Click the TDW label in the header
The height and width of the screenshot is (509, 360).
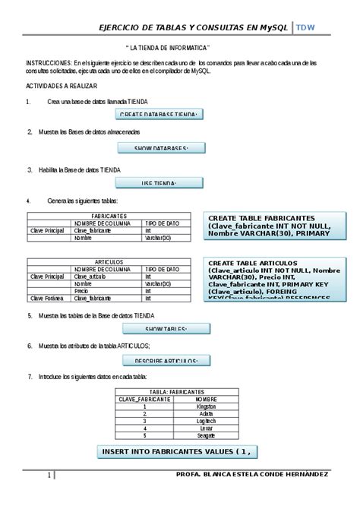click(x=305, y=27)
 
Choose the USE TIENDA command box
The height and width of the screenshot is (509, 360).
click(x=159, y=184)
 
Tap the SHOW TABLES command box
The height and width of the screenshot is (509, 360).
click(x=166, y=329)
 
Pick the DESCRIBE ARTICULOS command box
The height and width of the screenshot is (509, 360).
click(x=166, y=361)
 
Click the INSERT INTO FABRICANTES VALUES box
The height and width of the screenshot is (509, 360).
click(x=175, y=452)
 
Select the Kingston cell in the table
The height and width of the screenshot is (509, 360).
click(x=201, y=406)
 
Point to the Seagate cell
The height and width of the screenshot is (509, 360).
click(x=201, y=435)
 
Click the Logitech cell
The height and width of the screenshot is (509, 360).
click(x=201, y=420)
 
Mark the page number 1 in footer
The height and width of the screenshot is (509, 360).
click(x=49, y=476)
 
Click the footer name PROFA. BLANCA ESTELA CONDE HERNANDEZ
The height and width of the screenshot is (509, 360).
click(x=251, y=475)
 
